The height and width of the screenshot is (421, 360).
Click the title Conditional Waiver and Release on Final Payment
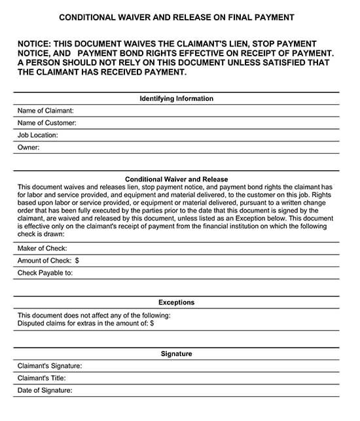[176, 17]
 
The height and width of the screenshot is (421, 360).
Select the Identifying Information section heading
[176, 99]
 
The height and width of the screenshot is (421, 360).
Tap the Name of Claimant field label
[45, 111]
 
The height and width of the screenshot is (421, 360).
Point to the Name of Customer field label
[46, 123]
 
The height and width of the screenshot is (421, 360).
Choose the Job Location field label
[38, 135]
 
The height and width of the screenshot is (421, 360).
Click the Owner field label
[29, 147]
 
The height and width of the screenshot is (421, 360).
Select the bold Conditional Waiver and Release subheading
[176, 179]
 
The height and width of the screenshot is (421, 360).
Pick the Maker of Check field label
[43, 249]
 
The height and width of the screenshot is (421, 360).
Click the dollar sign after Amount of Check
[77, 261]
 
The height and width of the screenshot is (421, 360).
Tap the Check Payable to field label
[45, 272]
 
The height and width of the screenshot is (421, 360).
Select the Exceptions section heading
[176, 302]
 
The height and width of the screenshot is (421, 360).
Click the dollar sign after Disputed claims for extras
[152, 323]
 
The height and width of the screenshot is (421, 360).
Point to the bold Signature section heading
[176, 354]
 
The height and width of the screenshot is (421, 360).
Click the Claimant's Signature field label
[50, 366]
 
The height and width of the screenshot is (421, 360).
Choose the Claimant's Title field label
[42, 378]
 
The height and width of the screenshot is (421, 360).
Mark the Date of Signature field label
[45, 390]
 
